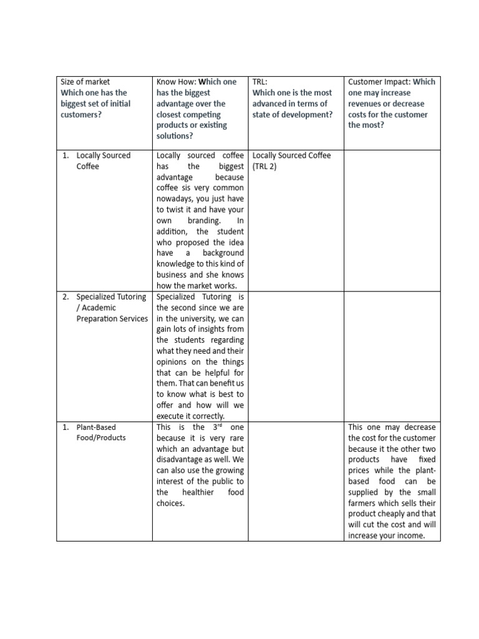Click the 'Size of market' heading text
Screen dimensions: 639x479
[85, 82]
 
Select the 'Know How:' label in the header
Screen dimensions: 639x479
[175, 82]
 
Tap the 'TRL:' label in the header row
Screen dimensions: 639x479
[260, 82]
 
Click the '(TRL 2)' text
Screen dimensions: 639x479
[268, 167]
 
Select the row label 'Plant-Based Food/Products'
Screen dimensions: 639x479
[100, 432]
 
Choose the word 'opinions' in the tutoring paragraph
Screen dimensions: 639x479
[173, 362]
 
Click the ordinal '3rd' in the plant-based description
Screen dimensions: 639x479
[216, 427]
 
